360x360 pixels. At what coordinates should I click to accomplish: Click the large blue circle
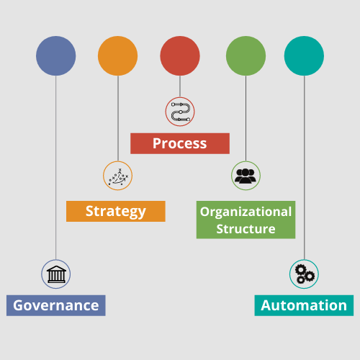tap(56, 56)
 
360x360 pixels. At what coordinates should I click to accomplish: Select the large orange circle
tap(118, 56)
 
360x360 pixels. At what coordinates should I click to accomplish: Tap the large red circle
tap(180, 56)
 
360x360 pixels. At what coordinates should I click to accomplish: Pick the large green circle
tap(246, 56)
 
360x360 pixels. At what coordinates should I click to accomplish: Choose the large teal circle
tap(304, 56)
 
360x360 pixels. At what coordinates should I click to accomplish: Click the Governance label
tap(56, 305)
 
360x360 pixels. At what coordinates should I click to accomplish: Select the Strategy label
tap(116, 211)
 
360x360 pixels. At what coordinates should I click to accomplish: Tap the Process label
tap(180, 143)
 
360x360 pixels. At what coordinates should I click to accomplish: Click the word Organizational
tap(246, 212)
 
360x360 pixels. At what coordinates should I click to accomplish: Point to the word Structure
tap(246, 229)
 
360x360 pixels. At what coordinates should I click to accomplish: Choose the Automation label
tap(304, 305)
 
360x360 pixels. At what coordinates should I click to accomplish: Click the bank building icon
tap(56, 274)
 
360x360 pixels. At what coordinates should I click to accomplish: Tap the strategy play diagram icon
tap(118, 176)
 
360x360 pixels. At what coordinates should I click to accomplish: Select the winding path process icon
tap(181, 112)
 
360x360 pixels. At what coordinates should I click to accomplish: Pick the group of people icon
tap(246, 176)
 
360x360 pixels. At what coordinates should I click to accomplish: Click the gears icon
tap(305, 274)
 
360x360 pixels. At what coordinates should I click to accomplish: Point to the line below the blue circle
tap(56, 168)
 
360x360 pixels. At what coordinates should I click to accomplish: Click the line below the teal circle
tap(304, 168)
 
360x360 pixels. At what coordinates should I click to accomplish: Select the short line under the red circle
tap(180, 86)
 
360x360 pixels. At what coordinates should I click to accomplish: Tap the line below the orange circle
tap(118, 118)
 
